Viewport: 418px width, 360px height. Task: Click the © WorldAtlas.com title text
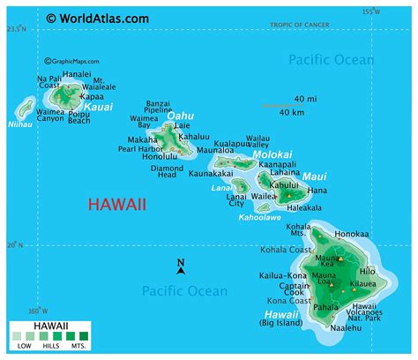pos(98,18)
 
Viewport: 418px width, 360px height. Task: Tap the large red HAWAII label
pos(118,205)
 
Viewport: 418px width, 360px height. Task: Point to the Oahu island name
pos(180,115)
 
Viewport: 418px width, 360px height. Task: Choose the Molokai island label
pos(272,154)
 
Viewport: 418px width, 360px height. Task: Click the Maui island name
pos(314,176)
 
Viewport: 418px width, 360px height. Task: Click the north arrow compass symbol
pos(180,266)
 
